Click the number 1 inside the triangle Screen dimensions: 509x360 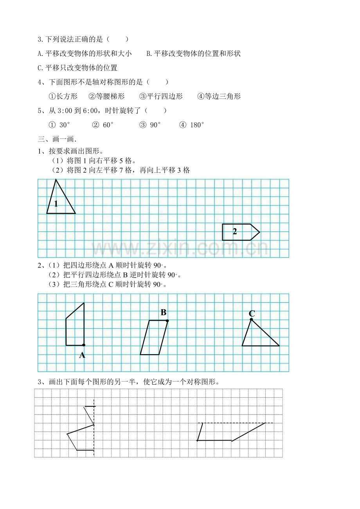[56, 204]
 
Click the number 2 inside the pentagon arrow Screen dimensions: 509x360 [235, 231]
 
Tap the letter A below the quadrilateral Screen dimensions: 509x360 [82, 355]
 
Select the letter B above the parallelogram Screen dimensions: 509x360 [164, 312]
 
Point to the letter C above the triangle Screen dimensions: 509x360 [252, 314]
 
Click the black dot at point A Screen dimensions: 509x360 [84, 345]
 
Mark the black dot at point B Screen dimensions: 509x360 [167, 321]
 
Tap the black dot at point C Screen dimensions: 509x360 [251, 319]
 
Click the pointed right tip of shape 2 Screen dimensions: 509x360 [259, 232]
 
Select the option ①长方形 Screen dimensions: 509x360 [63, 96]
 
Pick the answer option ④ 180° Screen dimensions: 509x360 [192, 125]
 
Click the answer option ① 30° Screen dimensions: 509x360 [59, 125]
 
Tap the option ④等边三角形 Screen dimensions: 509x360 [219, 96]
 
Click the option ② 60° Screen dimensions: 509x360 [103, 125]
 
